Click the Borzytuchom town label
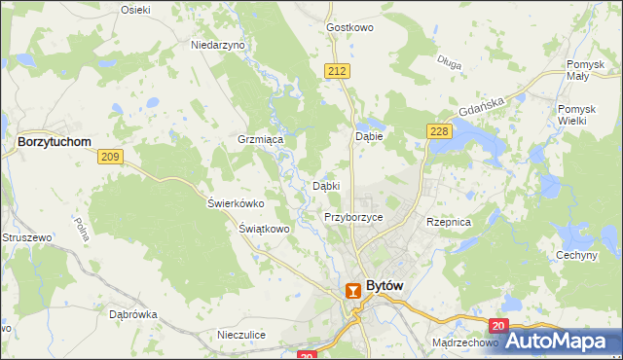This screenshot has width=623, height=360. coord(55,141)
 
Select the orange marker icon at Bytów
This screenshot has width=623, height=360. coord(354,290)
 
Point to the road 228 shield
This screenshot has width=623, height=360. coord(437,130)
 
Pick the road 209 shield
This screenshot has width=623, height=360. coord(109,156)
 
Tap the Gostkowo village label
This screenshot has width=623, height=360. coord(350,28)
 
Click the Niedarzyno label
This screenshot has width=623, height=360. coord(218,45)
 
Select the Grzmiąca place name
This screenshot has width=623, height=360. coord(260,140)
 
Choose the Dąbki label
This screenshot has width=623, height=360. coord(326,185)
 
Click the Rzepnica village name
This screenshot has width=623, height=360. coord(449,222)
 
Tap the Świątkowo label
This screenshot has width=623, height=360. coord(265,229)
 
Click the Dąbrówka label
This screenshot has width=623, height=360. coord(133,314)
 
